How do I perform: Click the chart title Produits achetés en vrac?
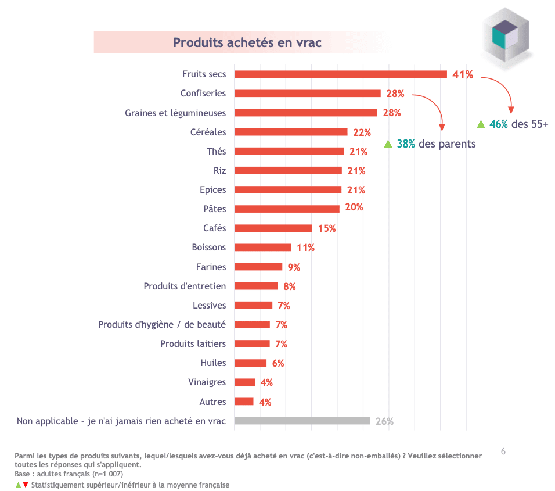(x=247, y=42)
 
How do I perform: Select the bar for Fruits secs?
(x=340, y=74)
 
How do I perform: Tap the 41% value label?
(x=463, y=74)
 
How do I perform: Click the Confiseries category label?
(x=203, y=93)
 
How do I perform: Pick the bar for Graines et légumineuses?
(x=305, y=113)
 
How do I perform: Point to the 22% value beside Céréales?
(x=362, y=132)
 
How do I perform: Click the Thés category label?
(x=217, y=151)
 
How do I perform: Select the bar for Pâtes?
(x=287, y=209)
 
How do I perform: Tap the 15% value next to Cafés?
(x=327, y=228)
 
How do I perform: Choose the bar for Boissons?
(x=262, y=248)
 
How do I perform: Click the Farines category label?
(x=211, y=267)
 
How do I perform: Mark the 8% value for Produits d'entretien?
(x=290, y=286)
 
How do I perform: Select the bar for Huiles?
(x=250, y=363)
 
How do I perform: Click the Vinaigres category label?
(x=207, y=382)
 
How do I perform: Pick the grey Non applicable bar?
(x=302, y=421)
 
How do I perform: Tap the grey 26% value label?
(x=384, y=421)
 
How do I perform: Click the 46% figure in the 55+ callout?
(x=498, y=124)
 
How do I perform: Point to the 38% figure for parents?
(x=406, y=144)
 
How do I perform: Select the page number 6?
(x=503, y=451)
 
